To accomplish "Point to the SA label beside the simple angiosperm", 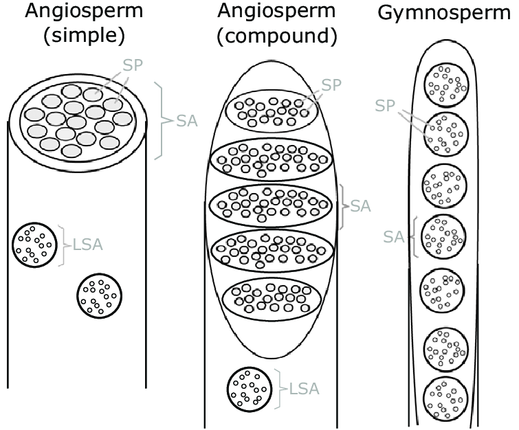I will (187, 122).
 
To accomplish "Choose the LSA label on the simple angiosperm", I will (87, 245).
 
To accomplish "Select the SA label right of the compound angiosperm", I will (361, 206).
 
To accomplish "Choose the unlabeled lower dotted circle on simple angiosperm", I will (100, 294).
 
